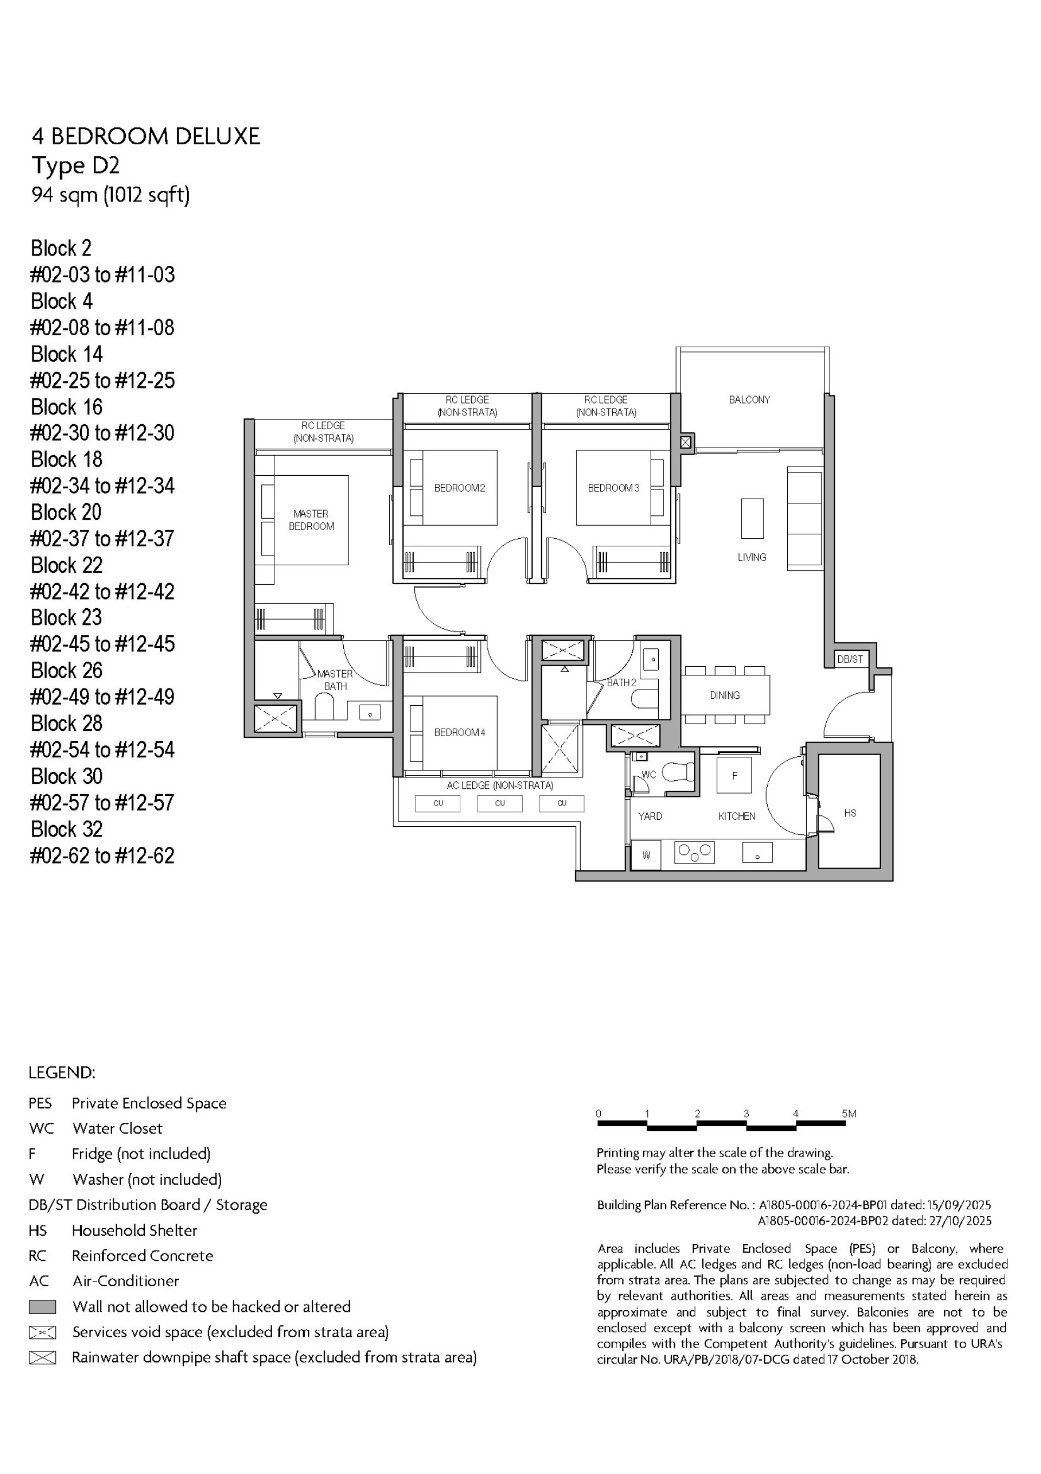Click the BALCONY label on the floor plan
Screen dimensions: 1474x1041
tap(749, 400)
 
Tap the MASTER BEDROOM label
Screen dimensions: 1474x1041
tap(311, 520)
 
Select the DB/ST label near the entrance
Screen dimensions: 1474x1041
tap(850, 659)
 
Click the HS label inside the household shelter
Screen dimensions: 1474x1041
tap(850, 813)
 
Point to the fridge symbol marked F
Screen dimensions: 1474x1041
tap(734, 776)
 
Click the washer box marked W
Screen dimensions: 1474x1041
tap(646, 855)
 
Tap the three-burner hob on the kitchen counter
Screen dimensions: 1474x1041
tap(695, 853)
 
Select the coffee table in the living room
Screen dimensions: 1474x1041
tap(752, 518)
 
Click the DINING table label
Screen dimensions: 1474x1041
tap(724, 695)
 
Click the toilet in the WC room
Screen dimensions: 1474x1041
tap(678, 771)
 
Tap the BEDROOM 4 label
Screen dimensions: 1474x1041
tap(460, 732)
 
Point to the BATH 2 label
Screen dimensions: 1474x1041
tap(621, 682)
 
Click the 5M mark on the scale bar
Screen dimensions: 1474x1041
tap(849, 1114)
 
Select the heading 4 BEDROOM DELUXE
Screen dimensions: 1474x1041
tap(146, 137)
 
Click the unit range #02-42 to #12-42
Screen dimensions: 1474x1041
tap(102, 591)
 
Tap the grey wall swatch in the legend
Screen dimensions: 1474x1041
tap(42, 1306)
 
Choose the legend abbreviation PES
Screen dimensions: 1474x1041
tap(40, 1103)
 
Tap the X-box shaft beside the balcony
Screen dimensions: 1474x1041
tap(685, 442)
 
